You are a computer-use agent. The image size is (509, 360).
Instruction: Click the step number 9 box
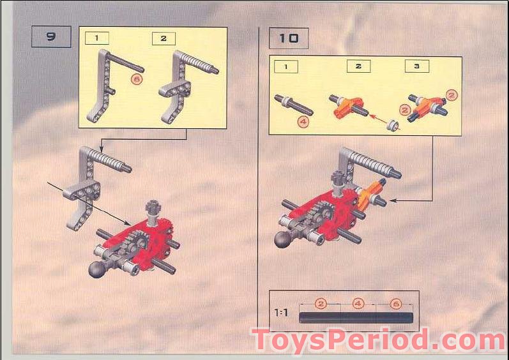pyautogui.click(x=51, y=37)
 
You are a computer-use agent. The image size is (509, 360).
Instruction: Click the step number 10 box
pyautogui.click(x=288, y=38)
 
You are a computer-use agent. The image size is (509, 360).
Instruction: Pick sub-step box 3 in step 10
pyautogui.click(x=416, y=66)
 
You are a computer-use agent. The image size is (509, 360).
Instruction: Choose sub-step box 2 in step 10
pyautogui.click(x=359, y=66)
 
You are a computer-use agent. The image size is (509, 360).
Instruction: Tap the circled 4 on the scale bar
pyautogui.click(x=358, y=304)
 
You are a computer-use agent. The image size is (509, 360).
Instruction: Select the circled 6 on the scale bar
pyautogui.click(x=395, y=304)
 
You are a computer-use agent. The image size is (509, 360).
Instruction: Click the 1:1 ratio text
pyautogui.click(x=282, y=313)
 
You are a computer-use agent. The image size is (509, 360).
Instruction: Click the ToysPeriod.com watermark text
pyautogui.click(x=378, y=341)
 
